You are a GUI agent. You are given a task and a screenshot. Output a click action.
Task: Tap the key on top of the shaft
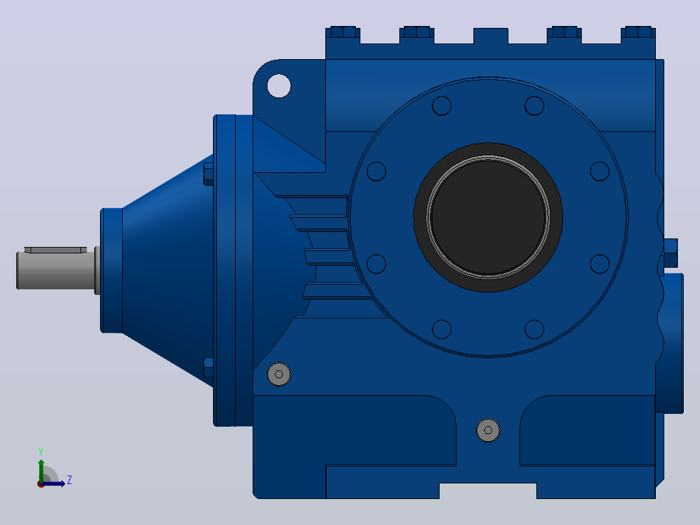[56, 250]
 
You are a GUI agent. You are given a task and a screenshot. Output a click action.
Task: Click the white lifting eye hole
[279, 86]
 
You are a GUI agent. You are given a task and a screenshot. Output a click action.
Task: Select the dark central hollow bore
[488, 217]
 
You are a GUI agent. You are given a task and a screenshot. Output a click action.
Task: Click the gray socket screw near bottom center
[488, 430]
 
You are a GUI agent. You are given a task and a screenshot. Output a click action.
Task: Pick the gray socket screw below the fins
[279, 374]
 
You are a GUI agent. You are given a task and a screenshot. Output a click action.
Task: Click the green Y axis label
[41, 452]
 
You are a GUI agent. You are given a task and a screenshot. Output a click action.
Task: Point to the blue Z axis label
[69, 480]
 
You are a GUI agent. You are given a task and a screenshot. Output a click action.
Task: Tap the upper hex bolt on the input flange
[208, 174]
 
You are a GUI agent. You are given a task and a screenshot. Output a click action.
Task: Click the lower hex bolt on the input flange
[208, 368]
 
